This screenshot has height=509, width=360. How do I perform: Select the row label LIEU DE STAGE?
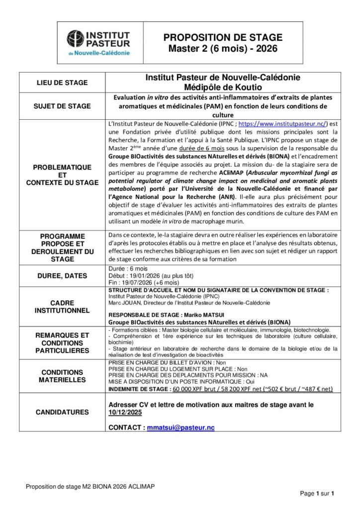point(62,83)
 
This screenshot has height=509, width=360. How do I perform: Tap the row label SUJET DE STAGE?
point(62,106)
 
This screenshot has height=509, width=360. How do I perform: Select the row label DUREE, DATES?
point(62,275)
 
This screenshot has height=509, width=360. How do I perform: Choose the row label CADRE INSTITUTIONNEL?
point(62,306)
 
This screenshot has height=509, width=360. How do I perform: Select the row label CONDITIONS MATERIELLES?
point(62,376)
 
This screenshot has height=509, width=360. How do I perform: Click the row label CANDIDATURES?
point(62,412)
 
